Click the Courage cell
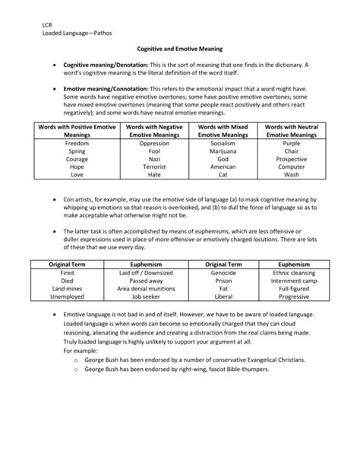click(77, 160)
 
